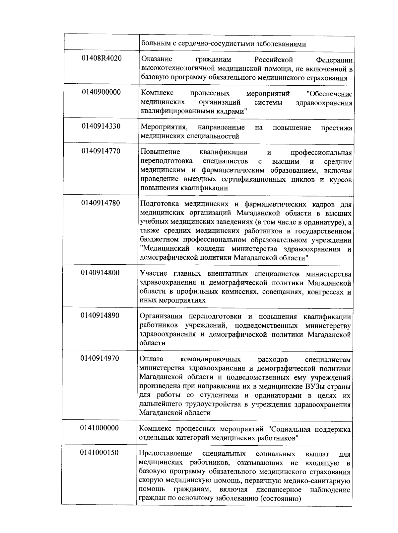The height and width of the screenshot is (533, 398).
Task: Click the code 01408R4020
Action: pos(101,58)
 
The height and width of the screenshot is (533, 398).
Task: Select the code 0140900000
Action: pos(101,92)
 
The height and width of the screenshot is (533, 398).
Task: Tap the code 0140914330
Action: pos(101,126)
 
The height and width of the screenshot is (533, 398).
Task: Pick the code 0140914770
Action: pos(101,151)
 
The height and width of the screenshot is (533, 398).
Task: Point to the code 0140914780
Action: pos(101,203)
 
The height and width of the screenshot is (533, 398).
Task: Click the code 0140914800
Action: pos(100,273)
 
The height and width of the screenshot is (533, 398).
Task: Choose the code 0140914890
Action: pos(100,315)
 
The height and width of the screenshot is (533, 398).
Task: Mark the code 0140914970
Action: pos(100,358)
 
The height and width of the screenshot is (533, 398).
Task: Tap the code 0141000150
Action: pos(99,453)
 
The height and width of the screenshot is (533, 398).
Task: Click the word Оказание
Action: pos(157,59)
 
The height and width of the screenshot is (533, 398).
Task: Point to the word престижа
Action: pos(336,128)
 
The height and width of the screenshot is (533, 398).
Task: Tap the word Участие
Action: pos(154,274)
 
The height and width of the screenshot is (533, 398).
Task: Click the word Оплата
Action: pos(152,359)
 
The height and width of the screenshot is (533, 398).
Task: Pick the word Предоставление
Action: pos(166,454)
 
